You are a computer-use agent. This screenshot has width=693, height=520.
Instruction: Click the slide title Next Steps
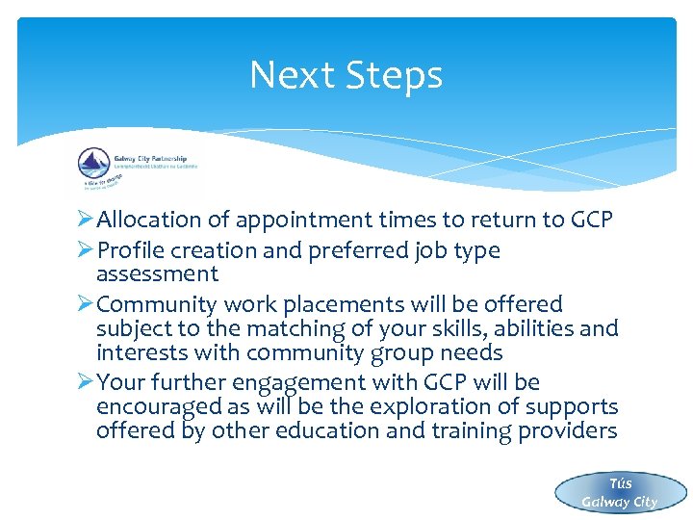(x=346, y=75)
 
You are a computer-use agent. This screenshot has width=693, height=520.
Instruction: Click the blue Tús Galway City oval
(x=620, y=492)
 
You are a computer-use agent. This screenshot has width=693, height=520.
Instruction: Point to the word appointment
(x=295, y=220)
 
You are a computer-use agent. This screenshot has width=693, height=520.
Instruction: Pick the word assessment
(x=157, y=274)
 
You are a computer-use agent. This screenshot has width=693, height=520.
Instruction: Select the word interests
(x=141, y=352)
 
